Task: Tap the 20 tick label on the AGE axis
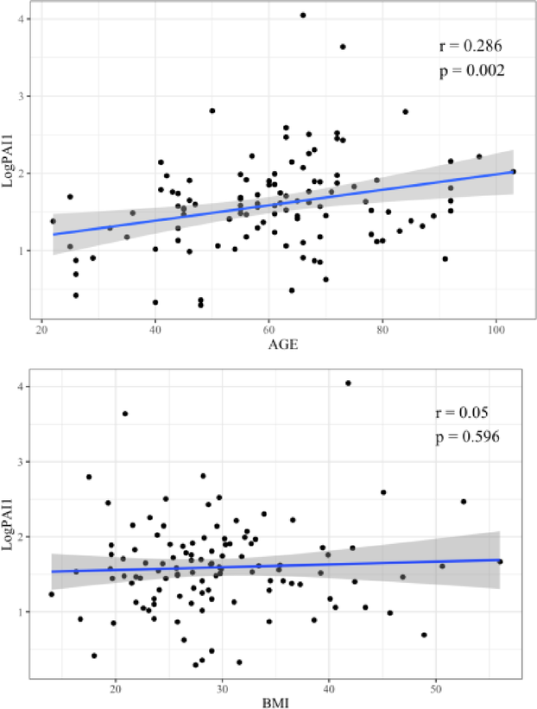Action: point(41,329)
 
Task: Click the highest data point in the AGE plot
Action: point(303,15)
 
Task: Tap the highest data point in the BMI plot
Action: point(348,383)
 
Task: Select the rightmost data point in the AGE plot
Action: point(513,172)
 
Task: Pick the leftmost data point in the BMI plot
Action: point(51,594)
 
